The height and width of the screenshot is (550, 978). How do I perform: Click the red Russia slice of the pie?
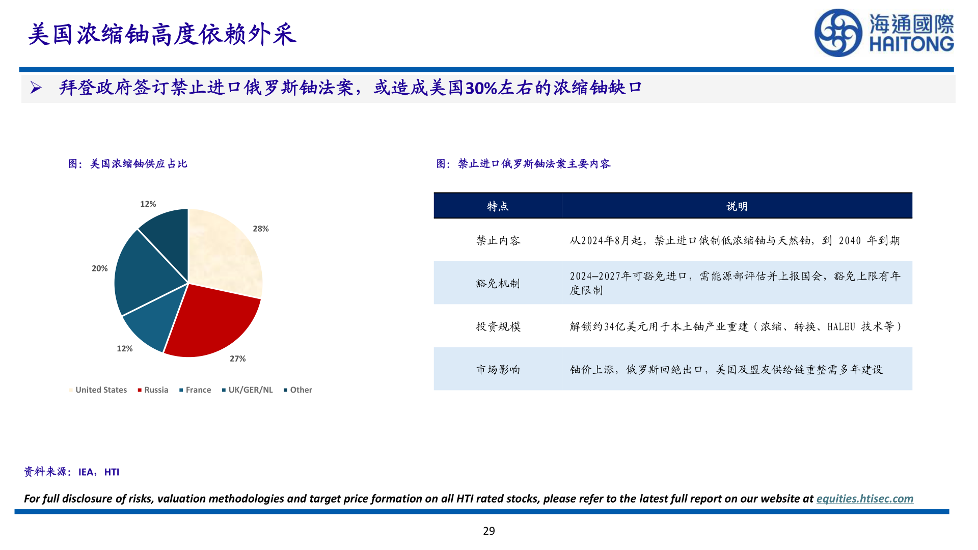point(211,321)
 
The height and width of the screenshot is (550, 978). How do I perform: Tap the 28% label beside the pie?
point(261,229)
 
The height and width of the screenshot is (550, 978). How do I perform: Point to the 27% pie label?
point(237,359)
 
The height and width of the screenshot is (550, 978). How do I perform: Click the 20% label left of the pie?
point(100,268)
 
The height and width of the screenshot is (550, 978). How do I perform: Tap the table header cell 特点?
point(498,206)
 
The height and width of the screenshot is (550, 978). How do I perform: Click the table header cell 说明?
point(737,206)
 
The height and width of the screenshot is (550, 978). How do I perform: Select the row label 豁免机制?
point(498,283)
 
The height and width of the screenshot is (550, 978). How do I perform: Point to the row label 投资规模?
point(498,326)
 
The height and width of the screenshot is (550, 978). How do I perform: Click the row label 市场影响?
point(498,370)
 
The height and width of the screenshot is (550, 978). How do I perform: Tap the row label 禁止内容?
point(498,240)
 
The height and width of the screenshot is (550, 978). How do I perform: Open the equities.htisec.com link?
point(864,499)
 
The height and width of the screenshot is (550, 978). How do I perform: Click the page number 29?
point(488,531)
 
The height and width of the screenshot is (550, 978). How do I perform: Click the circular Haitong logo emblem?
point(838,33)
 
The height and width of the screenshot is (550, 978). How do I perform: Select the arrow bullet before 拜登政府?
point(36,88)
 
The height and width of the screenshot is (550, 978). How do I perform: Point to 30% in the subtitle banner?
point(481,88)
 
